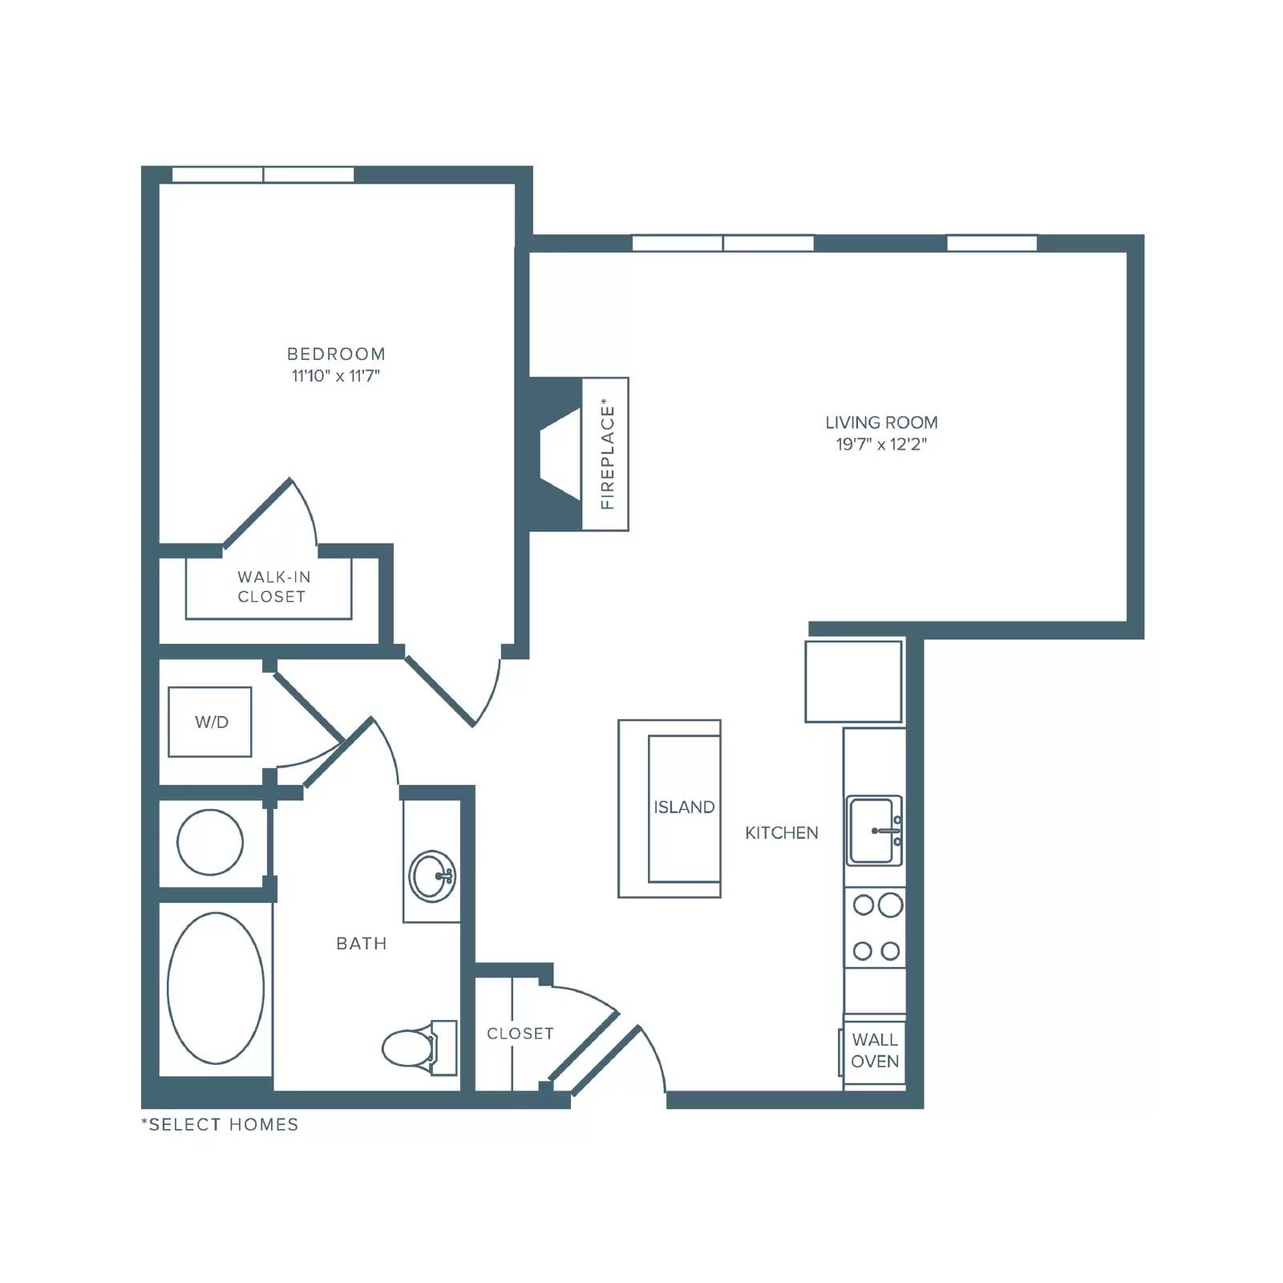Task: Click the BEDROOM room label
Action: (x=336, y=354)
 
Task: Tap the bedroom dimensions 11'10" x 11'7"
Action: (x=336, y=375)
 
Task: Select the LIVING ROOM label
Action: (x=881, y=423)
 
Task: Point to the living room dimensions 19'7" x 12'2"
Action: (x=881, y=444)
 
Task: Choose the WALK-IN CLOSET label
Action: (x=272, y=586)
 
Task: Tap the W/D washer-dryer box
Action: (x=210, y=722)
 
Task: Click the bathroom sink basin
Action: (x=432, y=876)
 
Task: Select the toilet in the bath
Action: (x=419, y=1047)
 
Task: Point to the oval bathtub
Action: (x=216, y=989)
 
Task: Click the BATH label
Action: (x=362, y=944)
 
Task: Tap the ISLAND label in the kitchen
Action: (x=684, y=807)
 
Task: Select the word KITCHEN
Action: (x=782, y=833)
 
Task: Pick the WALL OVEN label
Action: (x=875, y=1050)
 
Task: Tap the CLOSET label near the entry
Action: (x=520, y=1034)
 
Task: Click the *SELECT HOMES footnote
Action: (x=220, y=1124)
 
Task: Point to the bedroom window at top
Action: (x=263, y=175)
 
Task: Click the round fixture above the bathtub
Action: (x=210, y=842)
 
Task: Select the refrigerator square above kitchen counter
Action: (x=854, y=681)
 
